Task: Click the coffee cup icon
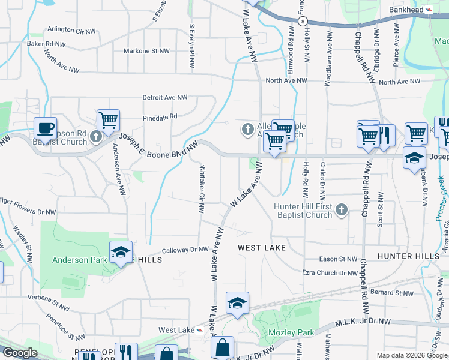click(45, 128)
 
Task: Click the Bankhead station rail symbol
click(429, 10)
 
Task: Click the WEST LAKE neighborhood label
click(261, 247)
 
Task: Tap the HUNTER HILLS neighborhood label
click(408, 256)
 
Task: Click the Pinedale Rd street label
click(160, 116)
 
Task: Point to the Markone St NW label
click(146, 51)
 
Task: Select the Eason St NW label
click(338, 259)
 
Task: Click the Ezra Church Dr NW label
click(330, 273)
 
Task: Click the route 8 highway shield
click(298, 21)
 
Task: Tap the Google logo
click(20, 353)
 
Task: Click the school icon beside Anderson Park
click(120, 252)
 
